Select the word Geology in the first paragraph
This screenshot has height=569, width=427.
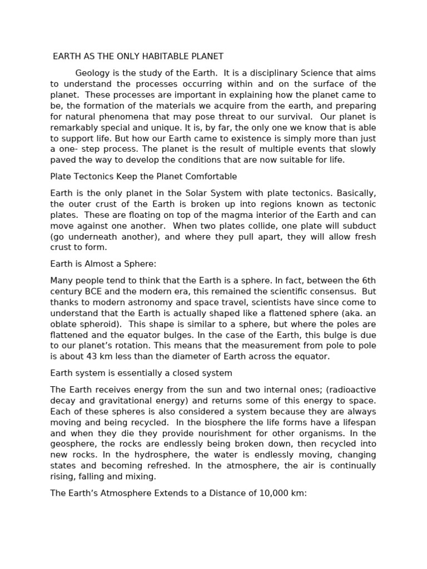click(x=92, y=73)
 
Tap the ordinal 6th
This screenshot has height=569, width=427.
click(x=366, y=281)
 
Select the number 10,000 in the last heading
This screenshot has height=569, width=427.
click(x=272, y=493)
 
